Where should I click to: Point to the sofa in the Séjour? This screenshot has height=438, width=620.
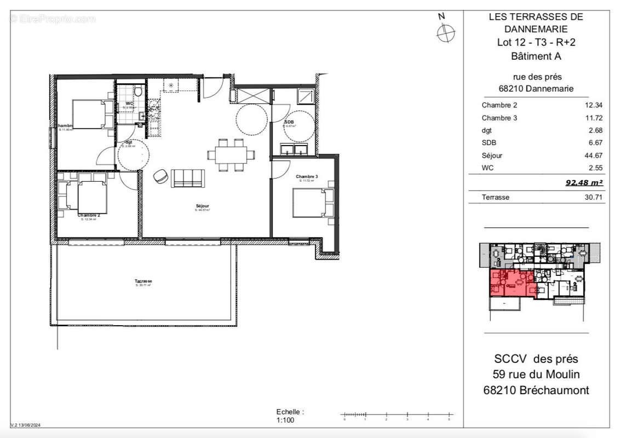(188, 178)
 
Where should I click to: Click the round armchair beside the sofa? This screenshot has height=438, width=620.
(161, 176)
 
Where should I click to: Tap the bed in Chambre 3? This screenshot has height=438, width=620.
(311, 203)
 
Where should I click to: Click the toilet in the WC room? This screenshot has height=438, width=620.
(139, 90)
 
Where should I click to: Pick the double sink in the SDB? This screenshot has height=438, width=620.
(294, 149)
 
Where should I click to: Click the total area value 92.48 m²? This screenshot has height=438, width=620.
(584, 183)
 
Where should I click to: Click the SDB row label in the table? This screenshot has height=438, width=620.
(489, 143)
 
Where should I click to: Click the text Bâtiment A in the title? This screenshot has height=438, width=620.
(536, 56)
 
